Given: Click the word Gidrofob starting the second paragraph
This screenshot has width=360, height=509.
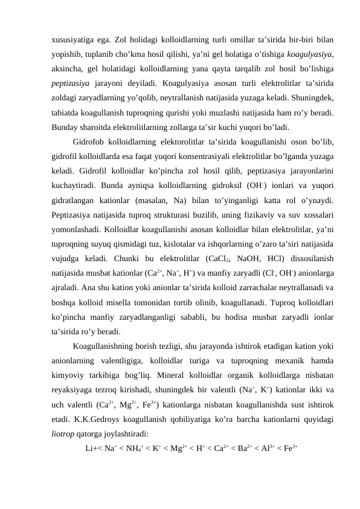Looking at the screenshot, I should click(91, 142).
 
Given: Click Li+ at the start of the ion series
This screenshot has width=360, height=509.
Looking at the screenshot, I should click(92, 448).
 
